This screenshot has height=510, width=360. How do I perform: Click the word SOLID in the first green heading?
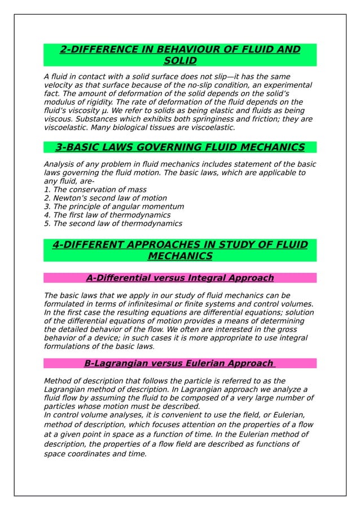[180, 60]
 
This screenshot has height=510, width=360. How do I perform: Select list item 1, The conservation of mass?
[95, 190]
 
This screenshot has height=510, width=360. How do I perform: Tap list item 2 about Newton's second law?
[105, 198]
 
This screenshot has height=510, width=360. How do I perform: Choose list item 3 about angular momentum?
[113, 207]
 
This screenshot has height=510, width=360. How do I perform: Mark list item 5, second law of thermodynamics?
[113, 224]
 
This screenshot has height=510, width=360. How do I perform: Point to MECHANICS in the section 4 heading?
[180, 256]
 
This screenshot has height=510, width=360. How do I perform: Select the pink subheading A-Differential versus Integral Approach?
[180, 278]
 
